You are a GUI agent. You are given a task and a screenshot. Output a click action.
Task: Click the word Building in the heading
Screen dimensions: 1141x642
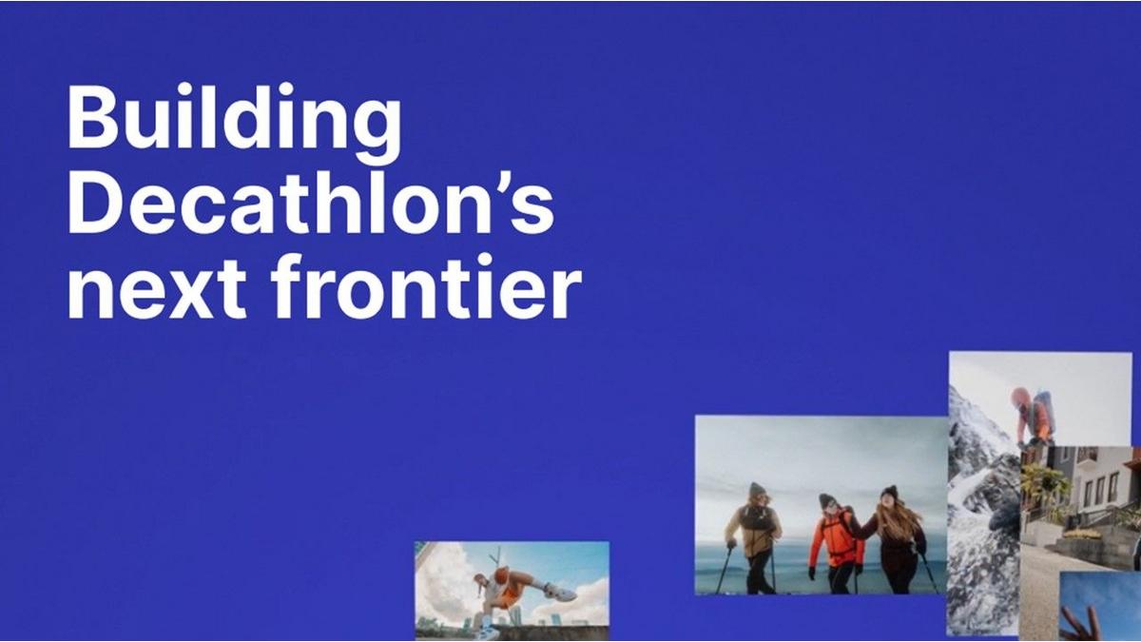tap(234, 123)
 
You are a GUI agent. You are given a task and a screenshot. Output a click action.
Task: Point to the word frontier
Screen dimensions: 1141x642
tap(426, 285)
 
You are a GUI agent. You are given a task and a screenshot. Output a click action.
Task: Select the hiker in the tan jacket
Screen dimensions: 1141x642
tap(753, 537)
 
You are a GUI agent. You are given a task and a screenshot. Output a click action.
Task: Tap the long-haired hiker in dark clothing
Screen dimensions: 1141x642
tap(897, 540)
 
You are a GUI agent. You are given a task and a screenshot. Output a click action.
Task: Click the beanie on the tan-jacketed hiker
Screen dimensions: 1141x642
tap(757, 488)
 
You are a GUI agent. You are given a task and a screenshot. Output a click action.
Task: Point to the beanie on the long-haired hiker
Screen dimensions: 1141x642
tap(889, 492)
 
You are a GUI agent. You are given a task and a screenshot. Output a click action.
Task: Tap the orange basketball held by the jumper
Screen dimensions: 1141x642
tap(502, 574)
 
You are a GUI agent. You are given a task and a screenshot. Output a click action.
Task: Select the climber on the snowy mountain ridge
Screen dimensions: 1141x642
tap(1033, 416)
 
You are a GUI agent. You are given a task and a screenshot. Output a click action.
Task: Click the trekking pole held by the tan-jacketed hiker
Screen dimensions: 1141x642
tap(725, 570)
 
